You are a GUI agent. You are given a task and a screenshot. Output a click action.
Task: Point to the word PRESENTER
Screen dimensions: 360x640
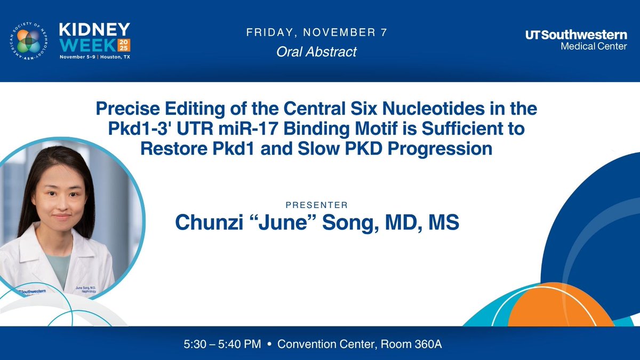coord(317,205)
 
